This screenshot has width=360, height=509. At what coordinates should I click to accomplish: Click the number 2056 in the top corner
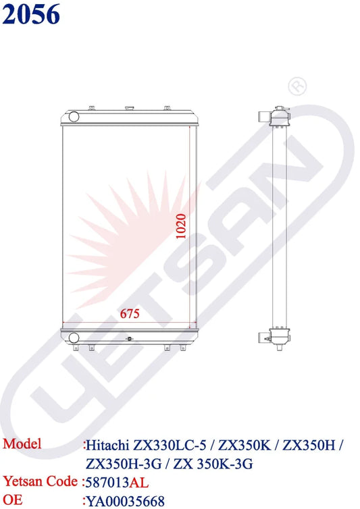[x=31, y=15]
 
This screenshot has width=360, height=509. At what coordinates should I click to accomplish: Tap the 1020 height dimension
[x=180, y=227]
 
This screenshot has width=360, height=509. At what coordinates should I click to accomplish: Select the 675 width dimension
[x=130, y=314]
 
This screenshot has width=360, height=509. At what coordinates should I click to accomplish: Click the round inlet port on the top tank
[x=72, y=117]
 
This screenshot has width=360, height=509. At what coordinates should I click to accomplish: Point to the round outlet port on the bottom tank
[x=72, y=336]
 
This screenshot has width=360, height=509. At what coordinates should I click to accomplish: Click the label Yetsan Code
[x=41, y=481]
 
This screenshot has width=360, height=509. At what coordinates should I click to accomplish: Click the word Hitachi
[x=108, y=446]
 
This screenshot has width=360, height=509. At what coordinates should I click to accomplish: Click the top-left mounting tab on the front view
[x=92, y=107]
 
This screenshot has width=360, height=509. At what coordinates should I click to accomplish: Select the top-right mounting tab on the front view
[x=166, y=107]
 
